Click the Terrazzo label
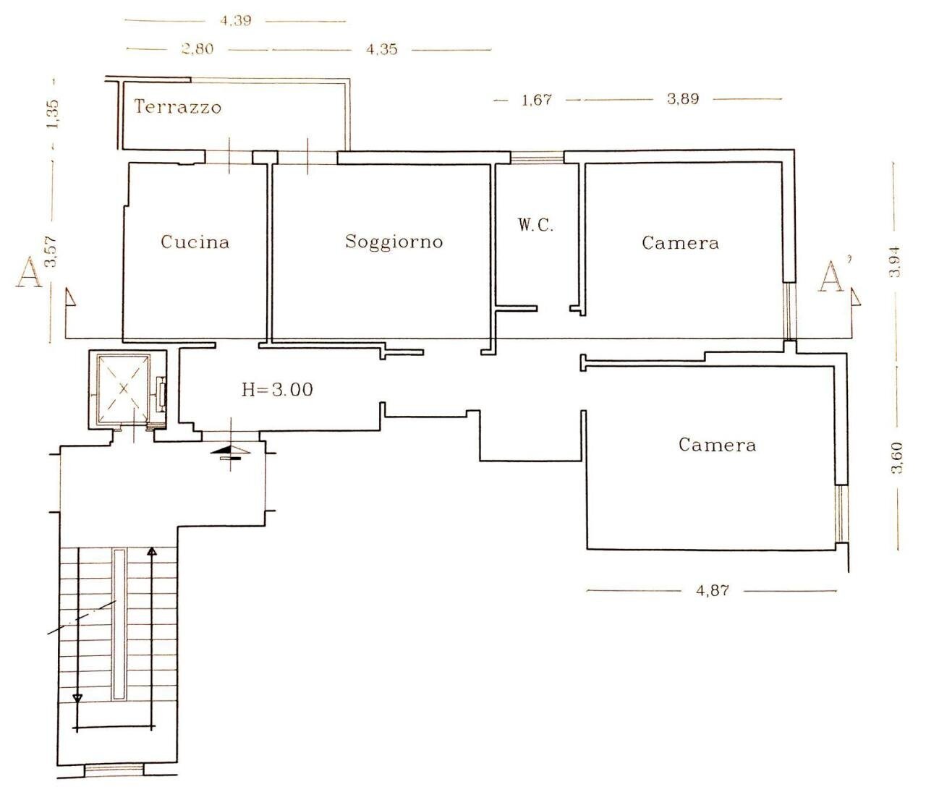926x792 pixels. click(x=178, y=107)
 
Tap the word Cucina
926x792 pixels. click(x=195, y=242)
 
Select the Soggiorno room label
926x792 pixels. click(x=394, y=242)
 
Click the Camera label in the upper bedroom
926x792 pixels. click(x=681, y=243)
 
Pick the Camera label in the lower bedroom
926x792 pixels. click(x=717, y=445)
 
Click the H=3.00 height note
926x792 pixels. click(x=277, y=390)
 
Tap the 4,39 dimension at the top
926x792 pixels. click(x=236, y=21)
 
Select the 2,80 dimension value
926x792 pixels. click(x=197, y=48)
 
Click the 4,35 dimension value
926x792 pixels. click(x=382, y=49)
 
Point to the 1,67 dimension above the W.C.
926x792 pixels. click(x=536, y=99)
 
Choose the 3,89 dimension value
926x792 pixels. click(x=683, y=98)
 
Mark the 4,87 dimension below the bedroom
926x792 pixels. click(x=713, y=590)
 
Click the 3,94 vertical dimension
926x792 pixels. click(x=895, y=263)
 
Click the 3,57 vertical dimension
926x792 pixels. click(x=52, y=252)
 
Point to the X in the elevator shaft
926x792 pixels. click(x=124, y=388)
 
